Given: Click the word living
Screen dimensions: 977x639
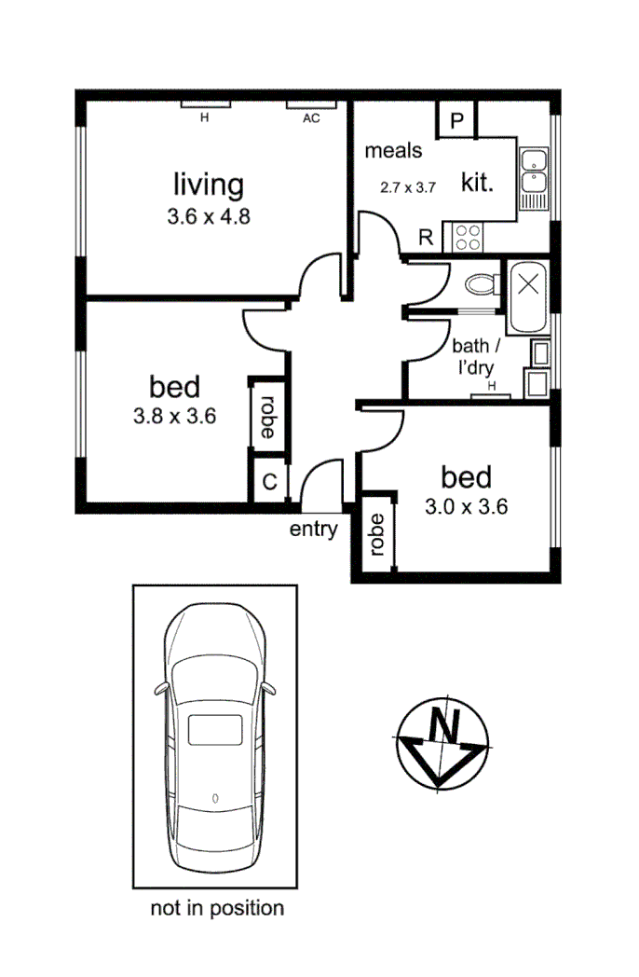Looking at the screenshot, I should coord(210,185).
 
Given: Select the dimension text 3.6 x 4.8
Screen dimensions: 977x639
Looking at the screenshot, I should coord(210,216).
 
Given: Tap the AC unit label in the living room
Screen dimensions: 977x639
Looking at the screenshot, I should coord(311,118).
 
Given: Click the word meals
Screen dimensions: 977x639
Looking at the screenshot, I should coord(393,150).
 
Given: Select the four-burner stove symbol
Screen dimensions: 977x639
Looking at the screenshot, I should coord(467,237).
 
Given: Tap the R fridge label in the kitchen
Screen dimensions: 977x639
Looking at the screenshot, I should coord(426,237).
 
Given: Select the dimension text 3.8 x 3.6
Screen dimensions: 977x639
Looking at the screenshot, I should coord(175,417).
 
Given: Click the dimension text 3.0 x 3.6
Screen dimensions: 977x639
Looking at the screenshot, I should coord(466,508).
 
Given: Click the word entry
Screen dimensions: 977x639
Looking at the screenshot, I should coord(313,530).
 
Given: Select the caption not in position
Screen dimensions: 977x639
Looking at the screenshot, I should coord(217,907).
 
